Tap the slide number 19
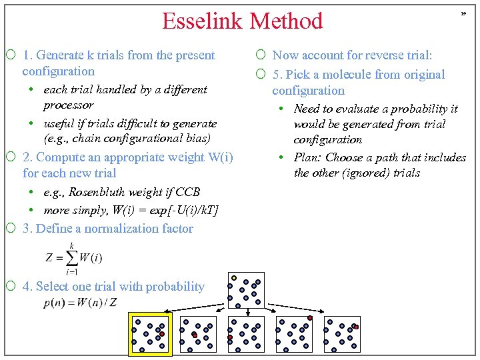coord(462,13)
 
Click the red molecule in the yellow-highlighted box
coord(162,334)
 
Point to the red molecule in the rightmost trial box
coord(356,327)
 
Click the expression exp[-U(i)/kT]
coord(179,210)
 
